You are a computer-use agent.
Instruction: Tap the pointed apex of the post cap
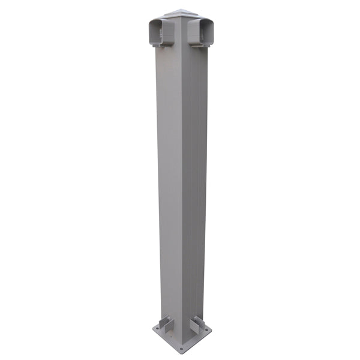180,9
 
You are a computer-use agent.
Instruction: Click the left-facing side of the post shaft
169,180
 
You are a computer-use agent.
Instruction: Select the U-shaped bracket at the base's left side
163,325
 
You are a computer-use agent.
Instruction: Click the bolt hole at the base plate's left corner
157,329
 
